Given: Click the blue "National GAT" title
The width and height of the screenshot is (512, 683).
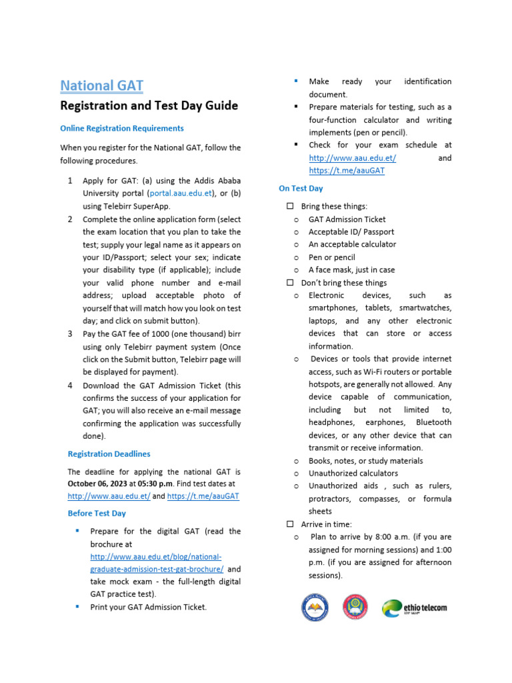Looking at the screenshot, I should (101, 85).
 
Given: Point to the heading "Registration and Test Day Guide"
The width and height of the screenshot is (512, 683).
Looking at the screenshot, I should (149, 105).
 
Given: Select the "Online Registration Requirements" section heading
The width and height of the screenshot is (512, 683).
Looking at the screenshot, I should (122, 128).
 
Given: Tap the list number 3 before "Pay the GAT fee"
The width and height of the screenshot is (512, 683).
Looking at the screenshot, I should (70, 333).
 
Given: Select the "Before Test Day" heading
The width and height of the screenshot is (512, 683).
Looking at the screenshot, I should (97, 514).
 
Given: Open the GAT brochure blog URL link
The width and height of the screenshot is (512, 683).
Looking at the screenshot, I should (156, 563).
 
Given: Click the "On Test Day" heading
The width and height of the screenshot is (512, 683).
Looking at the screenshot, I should (301, 189).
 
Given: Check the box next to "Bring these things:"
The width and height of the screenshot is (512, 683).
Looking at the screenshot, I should (290, 206).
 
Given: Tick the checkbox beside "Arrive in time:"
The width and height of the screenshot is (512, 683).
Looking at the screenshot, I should (290, 524).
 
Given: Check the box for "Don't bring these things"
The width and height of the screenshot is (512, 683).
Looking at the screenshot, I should (290, 283).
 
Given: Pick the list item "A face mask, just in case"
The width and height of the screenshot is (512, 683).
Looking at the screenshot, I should (351, 270).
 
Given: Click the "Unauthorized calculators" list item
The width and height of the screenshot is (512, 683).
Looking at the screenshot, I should (353, 473).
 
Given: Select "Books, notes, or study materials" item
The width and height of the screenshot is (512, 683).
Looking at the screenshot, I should (365, 460).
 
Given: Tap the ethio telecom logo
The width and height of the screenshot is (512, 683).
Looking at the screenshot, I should (414, 608).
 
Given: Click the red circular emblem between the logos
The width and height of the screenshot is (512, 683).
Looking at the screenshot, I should (355, 607).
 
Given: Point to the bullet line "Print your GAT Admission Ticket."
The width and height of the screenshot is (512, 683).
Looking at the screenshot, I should (148, 607).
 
